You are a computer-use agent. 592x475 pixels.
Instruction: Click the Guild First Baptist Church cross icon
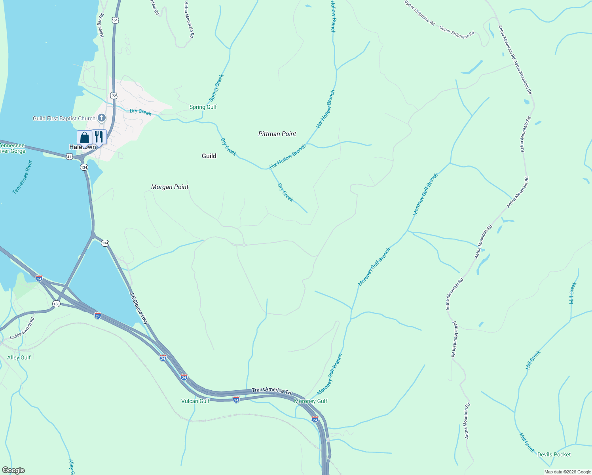102,118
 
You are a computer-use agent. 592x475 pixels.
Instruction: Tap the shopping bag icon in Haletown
84,138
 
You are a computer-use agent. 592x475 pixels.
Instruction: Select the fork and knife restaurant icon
99,137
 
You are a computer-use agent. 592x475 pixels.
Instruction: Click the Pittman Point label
277,134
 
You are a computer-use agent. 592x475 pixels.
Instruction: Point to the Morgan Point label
170,187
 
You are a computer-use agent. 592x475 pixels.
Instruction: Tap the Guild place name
209,156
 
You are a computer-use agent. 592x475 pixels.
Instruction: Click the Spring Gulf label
203,107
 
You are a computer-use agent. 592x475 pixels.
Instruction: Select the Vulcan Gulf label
195,401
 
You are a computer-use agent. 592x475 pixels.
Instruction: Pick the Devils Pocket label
554,454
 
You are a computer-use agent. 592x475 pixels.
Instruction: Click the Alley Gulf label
19,357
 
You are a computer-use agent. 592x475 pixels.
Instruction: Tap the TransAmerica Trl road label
271,391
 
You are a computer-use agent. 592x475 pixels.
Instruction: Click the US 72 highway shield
114,96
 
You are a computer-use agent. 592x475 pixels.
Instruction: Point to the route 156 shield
57,304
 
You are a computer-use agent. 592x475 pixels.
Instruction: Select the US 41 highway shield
69,157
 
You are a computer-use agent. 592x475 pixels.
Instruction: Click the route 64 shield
115,20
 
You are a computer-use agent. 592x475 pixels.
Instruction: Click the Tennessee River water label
22,177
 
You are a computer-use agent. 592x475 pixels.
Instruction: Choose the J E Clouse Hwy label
139,308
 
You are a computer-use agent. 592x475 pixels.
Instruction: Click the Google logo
13,470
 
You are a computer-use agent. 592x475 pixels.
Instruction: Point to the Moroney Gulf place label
311,401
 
